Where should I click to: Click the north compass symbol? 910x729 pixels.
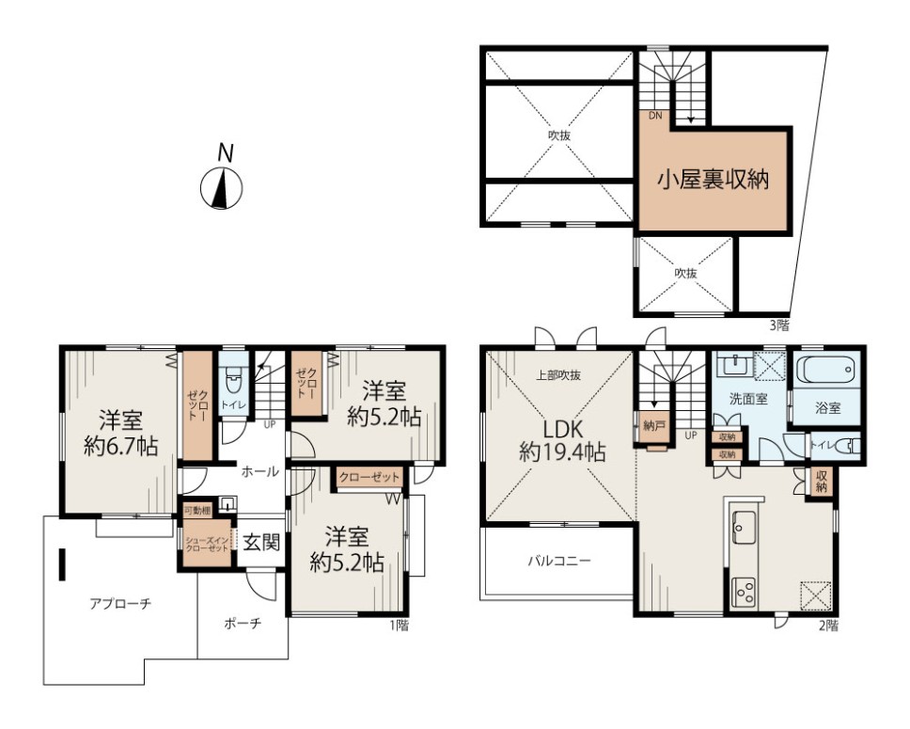(x=221, y=187)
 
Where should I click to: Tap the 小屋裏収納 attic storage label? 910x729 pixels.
(x=713, y=180)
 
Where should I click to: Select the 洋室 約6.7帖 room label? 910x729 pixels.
(x=120, y=433)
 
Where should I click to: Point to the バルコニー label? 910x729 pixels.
(x=559, y=562)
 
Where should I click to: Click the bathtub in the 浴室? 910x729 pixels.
(x=826, y=370)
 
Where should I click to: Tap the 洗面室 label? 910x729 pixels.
(x=748, y=399)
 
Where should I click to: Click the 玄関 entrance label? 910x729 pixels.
(x=261, y=543)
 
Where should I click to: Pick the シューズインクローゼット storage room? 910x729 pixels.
(x=207, y=544)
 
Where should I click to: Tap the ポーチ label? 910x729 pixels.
(x=243, y=624)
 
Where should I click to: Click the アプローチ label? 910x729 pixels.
(x=120, y=604)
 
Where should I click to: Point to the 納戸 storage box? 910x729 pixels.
(x=654, y=426)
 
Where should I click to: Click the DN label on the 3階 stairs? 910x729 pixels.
(x=655, y=115)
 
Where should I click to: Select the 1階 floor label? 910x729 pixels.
(x=399, y=626)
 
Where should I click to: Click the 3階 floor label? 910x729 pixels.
(x=779, y=325)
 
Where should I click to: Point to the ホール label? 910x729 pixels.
(x=259, y=471)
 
